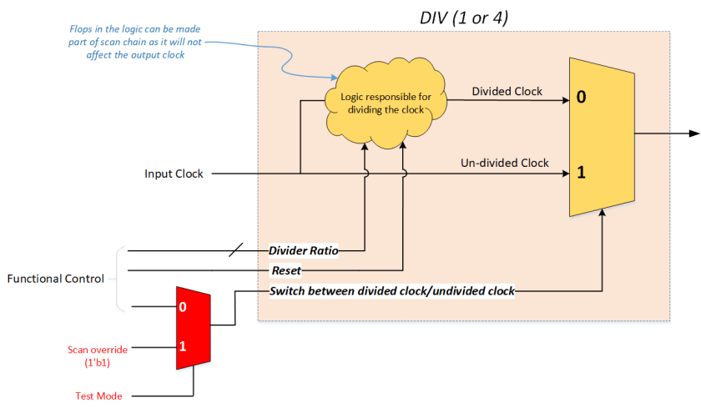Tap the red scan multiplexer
(x=193, y=327)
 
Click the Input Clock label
(x=174, y=174)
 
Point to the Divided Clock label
(x=507, y=92)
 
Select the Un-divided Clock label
(x=505, y=163)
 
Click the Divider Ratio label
(x=303, y=249)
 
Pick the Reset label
(x=286, y=270)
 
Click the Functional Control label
(x=56, y=279)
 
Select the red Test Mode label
(x=94, y=395)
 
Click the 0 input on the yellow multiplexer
(x=581, y=98)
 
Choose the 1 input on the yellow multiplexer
(x=581, y=174)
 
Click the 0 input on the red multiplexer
(x=184, y=308)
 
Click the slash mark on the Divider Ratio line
(x=237, y=249)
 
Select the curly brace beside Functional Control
(x=119, y=279)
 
